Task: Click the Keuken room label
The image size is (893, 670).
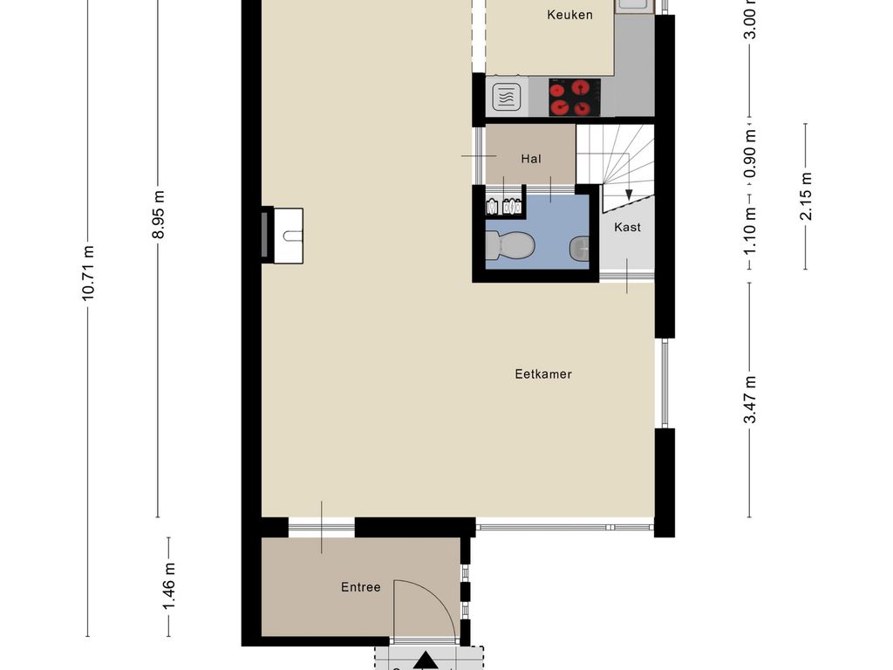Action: tap(569, 15)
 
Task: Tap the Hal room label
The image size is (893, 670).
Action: tap(531, 159)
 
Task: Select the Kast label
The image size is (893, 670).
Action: tap(627, 228)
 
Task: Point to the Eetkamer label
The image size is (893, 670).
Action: tap(542, 374)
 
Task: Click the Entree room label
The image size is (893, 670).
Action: tap(360, 587)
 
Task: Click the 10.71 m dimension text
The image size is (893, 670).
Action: tap(88, 273)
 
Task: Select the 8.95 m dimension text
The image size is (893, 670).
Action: tap(159, 215)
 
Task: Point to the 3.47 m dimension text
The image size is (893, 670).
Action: tap(750, 400)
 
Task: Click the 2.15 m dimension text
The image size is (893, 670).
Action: tap(806, 196)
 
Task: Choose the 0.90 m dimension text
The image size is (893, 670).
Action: tap(750, 154)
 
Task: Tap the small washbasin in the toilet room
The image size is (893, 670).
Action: tap(579, 249)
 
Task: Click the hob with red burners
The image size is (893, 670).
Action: tap(575, 98)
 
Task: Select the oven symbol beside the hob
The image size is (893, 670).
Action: tap(507, 97)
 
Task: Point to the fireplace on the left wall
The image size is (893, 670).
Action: tap(283, 236)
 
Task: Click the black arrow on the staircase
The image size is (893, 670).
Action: tap(629, 195)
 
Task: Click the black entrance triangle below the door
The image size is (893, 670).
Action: tap(425, 661)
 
